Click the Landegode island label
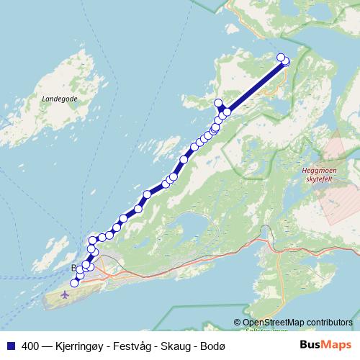click(x=60, y=98)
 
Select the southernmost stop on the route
click(x=74, y=284)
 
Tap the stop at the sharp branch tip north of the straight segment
click(x=219, y=103)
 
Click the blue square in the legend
click(x=12, y=346)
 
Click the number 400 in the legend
click(x=30, y=346)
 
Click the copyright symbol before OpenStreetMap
click(x=238, y=322)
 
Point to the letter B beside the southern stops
click(x=73, y=268)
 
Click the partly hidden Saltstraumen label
click(x=266, y=330)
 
